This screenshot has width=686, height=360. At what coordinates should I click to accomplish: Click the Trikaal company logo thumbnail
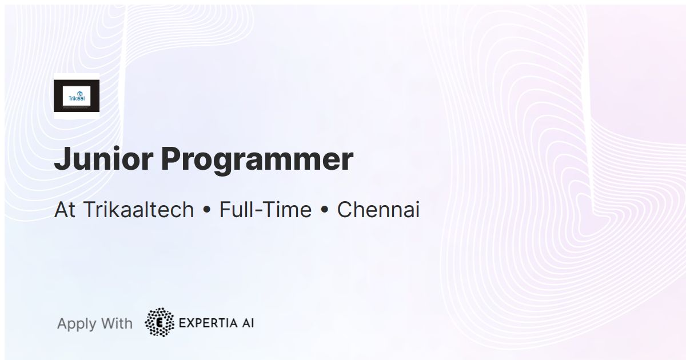76,96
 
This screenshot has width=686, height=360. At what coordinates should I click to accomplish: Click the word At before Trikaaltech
65,210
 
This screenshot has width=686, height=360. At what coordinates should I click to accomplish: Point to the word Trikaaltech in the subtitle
139,210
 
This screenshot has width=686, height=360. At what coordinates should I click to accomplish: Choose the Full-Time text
265,210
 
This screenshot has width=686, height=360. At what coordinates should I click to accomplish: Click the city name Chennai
378,210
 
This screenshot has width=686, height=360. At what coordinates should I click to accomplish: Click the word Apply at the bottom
77,324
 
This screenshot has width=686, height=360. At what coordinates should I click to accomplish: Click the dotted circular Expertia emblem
159,322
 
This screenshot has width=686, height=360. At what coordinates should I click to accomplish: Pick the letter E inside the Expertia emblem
159,323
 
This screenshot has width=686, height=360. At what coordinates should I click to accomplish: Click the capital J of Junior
61,159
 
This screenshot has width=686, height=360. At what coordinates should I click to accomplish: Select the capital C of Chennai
345,210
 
